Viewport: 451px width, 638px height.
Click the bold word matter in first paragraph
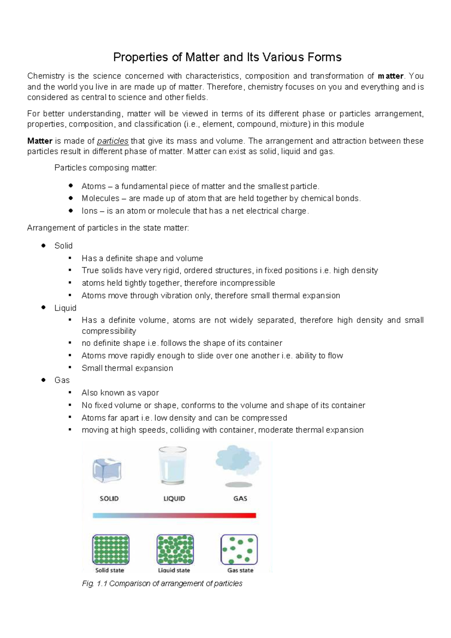pos(390,76)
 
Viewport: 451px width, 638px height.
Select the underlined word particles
pos(113,141)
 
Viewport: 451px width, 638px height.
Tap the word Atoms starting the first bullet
pos(94,186)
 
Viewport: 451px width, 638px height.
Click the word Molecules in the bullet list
pos(100,199)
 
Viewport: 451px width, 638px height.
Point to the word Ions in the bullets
pos(89,211)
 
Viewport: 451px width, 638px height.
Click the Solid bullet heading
pos(63,246)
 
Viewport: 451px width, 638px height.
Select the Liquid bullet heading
pos(65,308)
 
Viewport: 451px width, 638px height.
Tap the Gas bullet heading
pos(62,380)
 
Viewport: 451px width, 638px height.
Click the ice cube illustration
pos(107,470)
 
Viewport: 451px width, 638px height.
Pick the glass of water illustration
pos(173,465)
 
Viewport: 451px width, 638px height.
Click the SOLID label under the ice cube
pos(109,499)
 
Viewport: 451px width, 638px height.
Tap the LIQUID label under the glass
pos(174,499)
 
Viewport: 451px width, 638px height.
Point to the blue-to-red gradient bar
pos(174,515)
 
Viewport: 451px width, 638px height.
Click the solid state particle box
pos(111,549)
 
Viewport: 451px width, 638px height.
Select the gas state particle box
pos(239,549)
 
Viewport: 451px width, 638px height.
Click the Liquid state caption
pos(174,570)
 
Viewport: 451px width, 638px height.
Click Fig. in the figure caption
pos(88,583)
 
